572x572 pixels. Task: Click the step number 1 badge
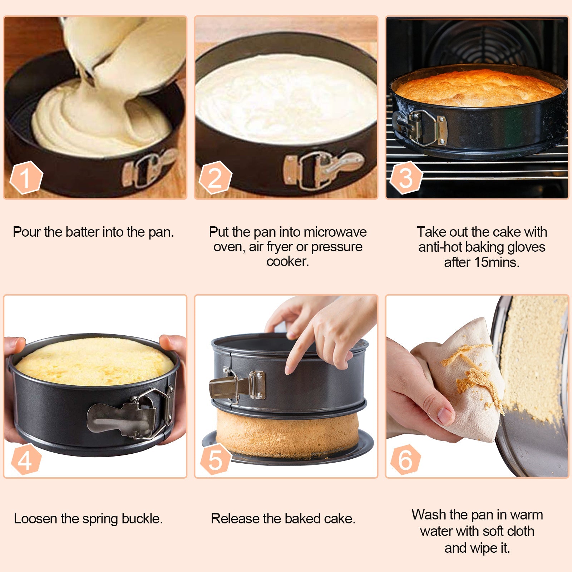pos(26,178)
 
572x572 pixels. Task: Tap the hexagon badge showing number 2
pos(215,178)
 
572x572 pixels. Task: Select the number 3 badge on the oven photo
pos(406,178)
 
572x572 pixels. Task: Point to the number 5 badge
pos(215,460)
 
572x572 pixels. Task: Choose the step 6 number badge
pos(405,460)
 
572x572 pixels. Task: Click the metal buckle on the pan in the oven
pos(424,128)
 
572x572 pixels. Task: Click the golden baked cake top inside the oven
pos(479,88)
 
